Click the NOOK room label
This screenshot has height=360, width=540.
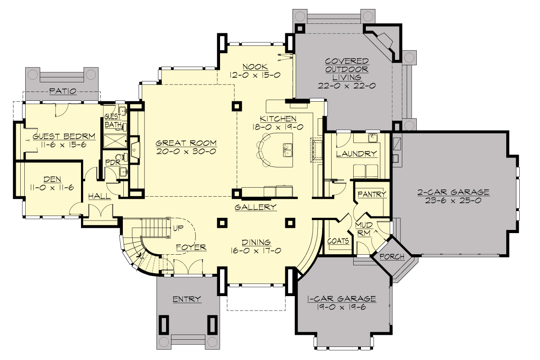click(x=255, y=66)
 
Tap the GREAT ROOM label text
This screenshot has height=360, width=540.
click(x=186, y=143)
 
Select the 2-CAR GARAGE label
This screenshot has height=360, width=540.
click(x=453, y=193)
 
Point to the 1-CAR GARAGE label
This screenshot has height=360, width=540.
click(x=342, y=299)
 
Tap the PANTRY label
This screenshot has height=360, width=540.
click(x=372, y=194)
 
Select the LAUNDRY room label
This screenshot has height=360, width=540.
click(x=356, y=153)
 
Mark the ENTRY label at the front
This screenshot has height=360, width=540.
click(x=187, y=299)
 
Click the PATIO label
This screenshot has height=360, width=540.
click(x=63, y=91)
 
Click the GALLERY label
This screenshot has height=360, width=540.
click(x=256, y=207)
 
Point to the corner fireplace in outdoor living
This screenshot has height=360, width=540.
click(x=385, y=41)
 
